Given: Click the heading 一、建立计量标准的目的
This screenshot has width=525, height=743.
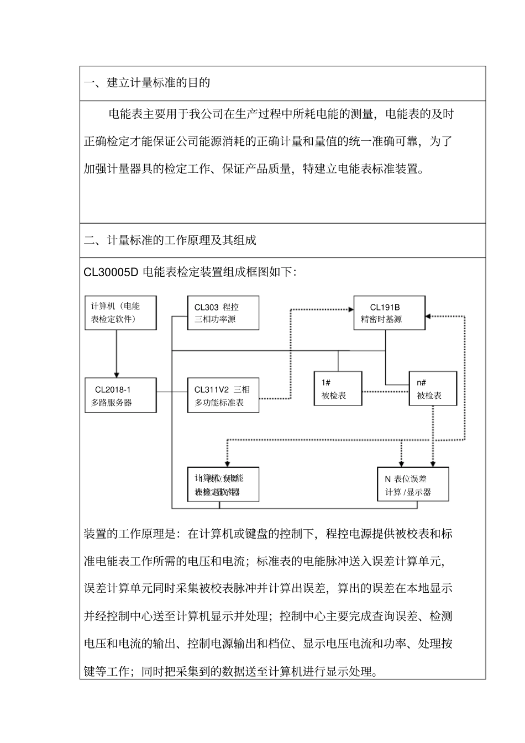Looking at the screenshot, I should click(x=147, y=83).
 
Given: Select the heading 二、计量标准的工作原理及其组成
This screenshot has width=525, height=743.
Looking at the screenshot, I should click(x=170, y=240).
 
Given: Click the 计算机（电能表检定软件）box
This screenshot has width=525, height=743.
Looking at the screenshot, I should click(x=120, y=313).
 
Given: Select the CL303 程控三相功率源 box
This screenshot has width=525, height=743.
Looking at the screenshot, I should click(x=223, y=313).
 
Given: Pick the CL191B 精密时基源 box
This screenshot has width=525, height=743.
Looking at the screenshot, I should click(x=389, y=313).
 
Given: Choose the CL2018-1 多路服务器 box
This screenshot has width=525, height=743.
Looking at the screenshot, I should click(x=120, y=395).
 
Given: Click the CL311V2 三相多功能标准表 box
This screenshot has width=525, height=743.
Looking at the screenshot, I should click(x=223, y=395).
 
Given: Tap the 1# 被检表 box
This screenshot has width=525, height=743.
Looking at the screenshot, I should click(x=338, y=388).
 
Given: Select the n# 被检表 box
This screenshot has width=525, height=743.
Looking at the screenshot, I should click(x=433, y=388).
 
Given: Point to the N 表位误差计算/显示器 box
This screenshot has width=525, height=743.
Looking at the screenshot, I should click(x=412, y=484).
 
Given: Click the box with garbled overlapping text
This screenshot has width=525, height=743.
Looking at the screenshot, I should click(x=223, y=484).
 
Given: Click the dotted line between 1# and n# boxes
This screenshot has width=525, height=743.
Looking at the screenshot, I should click(x=385, y=392).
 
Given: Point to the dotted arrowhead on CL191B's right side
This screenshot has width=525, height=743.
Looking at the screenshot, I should click(x=429, y=317).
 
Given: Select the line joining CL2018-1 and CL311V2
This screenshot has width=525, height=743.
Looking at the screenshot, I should click(x=172, y=392).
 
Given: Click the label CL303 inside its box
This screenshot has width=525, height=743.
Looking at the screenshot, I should click(x=207, y=307).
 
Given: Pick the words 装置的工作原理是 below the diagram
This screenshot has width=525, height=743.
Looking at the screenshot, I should click(x=129, y=534).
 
